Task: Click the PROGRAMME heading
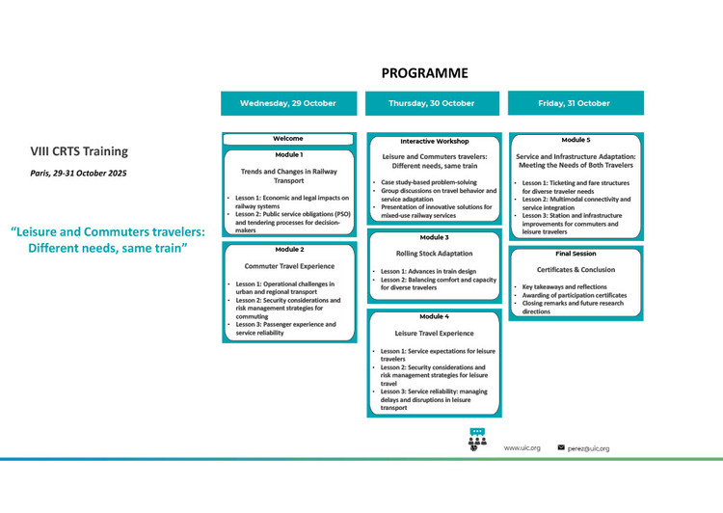pos(425,73)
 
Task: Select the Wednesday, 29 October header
pos(288,103)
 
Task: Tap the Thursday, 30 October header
pos(432,103)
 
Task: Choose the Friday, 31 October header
pos(576,103)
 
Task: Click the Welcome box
pos(288,139)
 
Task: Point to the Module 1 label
pos(289,154)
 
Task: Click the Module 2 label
pos(289,249)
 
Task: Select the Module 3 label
pos(434,237)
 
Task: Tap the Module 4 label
pos(434,316)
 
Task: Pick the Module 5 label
pos(576,140)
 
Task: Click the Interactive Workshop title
pos(435,141)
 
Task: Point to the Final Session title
pos(576,254)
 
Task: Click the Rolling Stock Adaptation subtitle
pos(435,254)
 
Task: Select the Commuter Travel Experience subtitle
pos(289,266)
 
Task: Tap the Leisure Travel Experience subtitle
pos(434,333)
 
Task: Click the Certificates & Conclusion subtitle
pos(576,269)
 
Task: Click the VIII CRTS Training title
pos(79,151)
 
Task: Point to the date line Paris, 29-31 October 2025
pos(78,174)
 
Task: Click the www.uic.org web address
pos(522,448)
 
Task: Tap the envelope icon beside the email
pos(561,447)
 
